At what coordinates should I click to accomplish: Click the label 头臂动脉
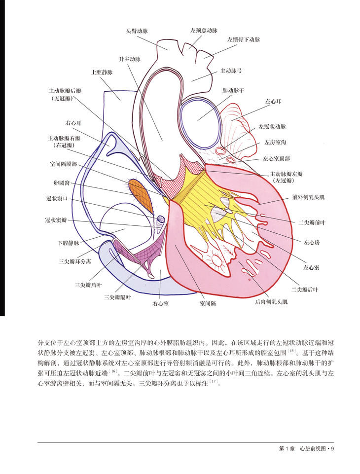point(137,31)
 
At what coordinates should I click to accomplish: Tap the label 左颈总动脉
point(204,31)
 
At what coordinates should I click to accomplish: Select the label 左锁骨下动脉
point(244,39)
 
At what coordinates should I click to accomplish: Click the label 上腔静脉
point(102,72)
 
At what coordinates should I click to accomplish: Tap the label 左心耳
point(273,102)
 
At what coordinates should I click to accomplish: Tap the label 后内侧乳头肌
point(271,301)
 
